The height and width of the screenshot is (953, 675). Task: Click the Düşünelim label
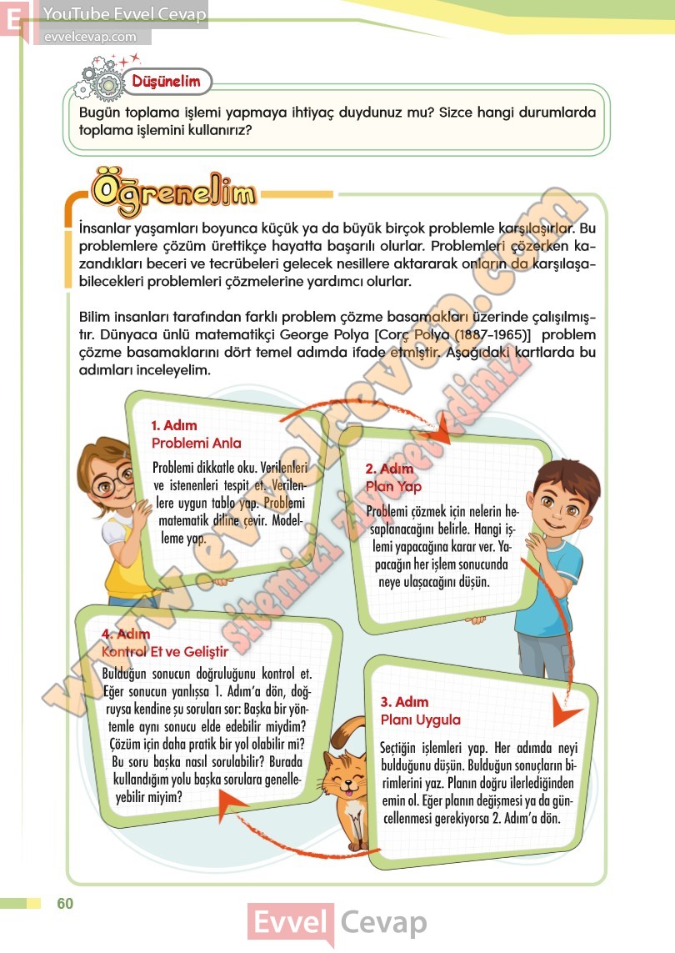tap(166, 82)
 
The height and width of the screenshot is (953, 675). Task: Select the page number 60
tap(65, 904)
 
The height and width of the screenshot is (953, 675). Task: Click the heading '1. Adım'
tap(174, 425)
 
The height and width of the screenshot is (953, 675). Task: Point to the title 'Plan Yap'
tap(393, 486)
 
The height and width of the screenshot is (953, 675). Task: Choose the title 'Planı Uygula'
tap(420, 719)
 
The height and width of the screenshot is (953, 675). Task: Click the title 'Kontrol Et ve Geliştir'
tap(163, 651)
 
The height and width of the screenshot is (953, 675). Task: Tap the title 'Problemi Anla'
tap(196, 443)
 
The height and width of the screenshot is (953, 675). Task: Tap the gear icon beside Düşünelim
tap(104, 81)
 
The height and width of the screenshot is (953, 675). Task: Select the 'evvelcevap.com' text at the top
tap(89, 37)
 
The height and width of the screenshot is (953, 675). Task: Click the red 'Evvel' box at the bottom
tap(291, 923)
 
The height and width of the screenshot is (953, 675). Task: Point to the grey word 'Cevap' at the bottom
tap(383, 923)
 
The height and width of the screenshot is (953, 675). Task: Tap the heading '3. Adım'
tap(404, 701)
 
